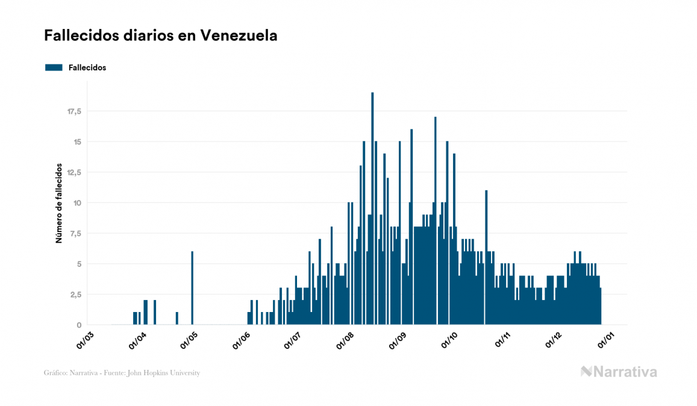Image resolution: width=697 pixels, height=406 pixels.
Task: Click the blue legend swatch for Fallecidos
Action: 54,67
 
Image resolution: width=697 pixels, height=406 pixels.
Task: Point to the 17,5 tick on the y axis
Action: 73,111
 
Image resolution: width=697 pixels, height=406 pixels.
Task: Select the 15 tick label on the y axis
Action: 77,142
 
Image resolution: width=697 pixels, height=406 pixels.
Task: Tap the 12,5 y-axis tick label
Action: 73,172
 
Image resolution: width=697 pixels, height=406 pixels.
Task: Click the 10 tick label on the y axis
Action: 77,203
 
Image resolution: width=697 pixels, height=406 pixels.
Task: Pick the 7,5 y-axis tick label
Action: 75,234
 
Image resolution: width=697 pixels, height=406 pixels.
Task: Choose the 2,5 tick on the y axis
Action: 75,295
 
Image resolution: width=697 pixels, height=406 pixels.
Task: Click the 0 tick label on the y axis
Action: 79,325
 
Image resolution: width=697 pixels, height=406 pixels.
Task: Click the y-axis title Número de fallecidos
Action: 59,202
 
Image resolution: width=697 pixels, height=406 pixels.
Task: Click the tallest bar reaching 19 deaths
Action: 372,211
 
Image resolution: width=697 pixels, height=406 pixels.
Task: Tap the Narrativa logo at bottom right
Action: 619,372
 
